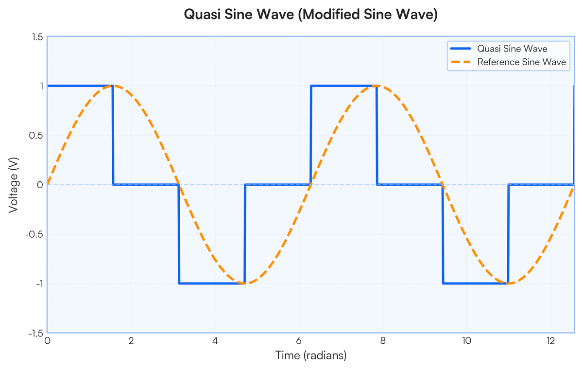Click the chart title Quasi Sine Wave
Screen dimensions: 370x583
[311, 15]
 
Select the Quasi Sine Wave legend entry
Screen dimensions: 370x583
[512, 49]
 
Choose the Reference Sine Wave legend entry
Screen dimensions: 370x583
[521, 62]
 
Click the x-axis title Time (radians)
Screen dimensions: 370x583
[311, 356]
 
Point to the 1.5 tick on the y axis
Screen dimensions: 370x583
[37, 37]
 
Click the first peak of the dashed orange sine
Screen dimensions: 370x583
[113, 86]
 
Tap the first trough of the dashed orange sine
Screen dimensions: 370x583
[245, 283]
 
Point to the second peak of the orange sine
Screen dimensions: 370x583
[377, 86]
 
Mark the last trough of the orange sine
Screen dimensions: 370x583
[508, 283]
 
